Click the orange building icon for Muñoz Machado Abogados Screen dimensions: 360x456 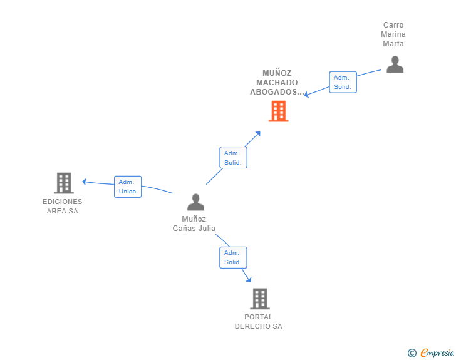coord(278,111)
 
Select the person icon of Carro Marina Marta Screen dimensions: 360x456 coord(395,64)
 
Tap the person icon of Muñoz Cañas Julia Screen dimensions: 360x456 coord(195,202)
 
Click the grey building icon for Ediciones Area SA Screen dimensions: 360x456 coord(63,183)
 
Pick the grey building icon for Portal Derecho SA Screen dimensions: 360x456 coord(259,299)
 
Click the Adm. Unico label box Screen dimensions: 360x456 coord(128,187)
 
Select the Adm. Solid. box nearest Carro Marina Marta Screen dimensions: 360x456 coord(343,82)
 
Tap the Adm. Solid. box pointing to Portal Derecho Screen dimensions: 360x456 coord(233,257)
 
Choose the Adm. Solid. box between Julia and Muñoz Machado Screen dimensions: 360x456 coord(233,157)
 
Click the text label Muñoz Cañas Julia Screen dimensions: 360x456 coord(194,224)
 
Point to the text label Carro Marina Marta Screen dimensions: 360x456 coord(393,34)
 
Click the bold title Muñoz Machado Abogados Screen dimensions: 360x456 coord(277,83)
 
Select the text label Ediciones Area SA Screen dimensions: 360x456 coord(62,206)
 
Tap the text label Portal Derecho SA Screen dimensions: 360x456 coord(259,321)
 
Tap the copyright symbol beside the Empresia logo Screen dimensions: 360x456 coord(412,353)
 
